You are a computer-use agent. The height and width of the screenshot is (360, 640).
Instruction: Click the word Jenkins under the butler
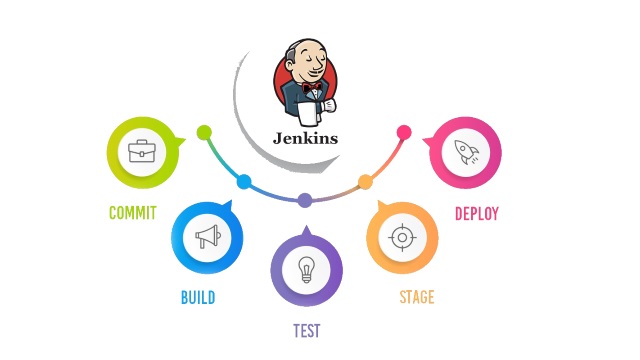point(305,138)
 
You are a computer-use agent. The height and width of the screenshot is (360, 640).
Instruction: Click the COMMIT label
point(132,213)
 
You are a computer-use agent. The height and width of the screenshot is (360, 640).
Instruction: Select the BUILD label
point(197,297)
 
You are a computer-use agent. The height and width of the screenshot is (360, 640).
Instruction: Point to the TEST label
point(306,330)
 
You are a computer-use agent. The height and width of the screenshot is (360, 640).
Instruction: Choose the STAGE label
point(416,297)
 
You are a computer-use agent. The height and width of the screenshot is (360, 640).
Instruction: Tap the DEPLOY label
point(476,213)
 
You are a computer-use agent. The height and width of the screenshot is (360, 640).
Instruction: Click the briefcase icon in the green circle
point(141,152)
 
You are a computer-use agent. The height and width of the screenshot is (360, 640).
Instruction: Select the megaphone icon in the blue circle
point(207,237)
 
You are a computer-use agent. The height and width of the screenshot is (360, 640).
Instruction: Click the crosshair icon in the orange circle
point(401,237)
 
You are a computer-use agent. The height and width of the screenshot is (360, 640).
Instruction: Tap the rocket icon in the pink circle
point(465,152)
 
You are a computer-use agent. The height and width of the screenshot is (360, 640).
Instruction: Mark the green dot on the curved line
point(205,132)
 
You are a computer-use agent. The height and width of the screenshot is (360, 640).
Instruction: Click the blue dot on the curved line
point(243,182)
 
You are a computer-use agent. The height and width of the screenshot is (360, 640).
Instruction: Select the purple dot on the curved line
point(305,200)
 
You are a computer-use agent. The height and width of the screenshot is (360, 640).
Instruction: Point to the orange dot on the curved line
point(365,182)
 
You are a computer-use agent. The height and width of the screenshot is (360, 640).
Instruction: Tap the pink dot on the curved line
point(404,132)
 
